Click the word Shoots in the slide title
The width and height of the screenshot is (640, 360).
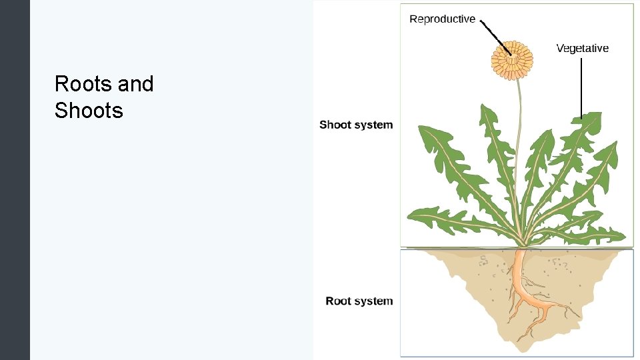pos(89,111)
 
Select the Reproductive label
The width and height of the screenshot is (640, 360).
pos(442,19)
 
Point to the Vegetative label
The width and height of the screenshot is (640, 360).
pos(582,48)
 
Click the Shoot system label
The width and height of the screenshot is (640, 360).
pos(356,125)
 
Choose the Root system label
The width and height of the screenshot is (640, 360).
pos(359,301)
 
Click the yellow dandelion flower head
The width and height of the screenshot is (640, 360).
pos(512,54)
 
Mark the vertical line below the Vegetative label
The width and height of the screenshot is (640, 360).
pos(582,87)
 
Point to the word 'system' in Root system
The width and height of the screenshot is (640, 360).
pos(374,301)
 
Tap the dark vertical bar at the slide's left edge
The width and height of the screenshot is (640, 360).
pos(15,180)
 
